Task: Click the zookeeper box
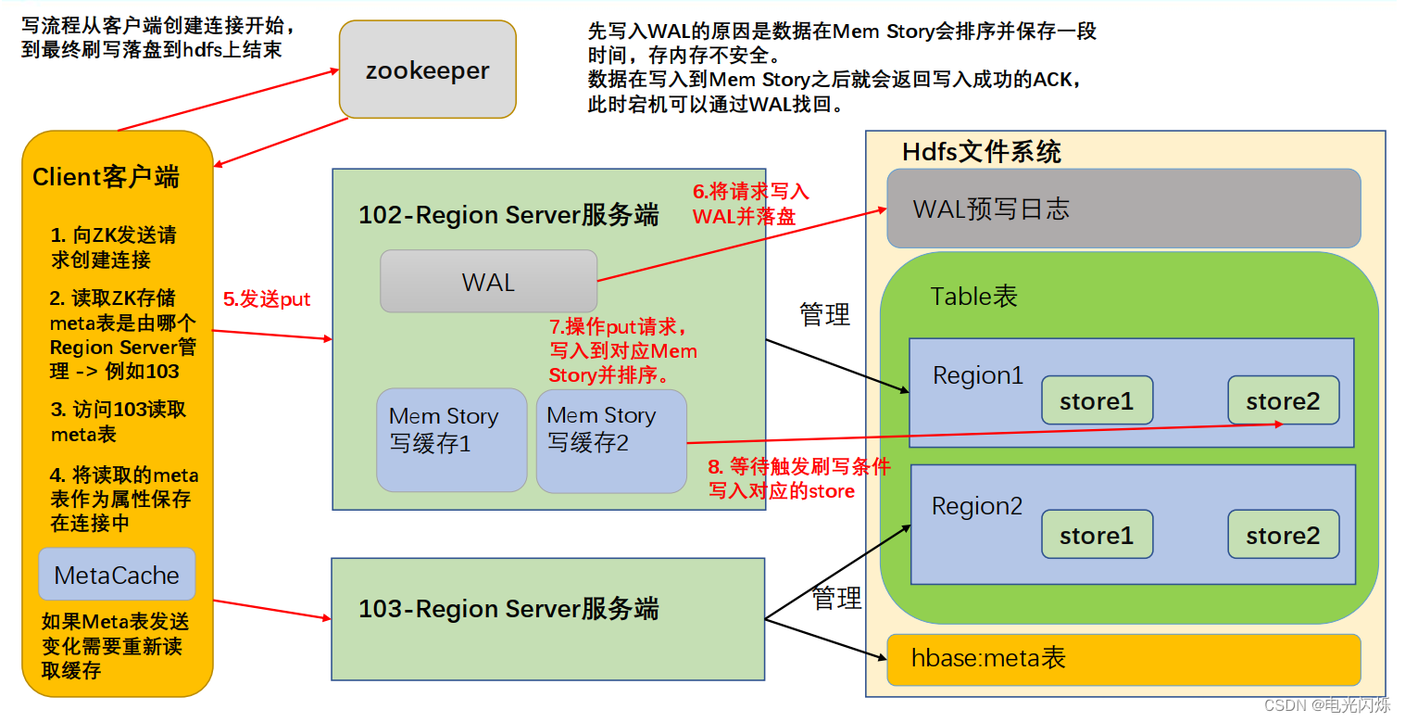tap(427, 70)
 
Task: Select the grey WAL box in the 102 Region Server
tap(488, 282)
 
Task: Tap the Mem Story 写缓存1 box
tap(451, 439)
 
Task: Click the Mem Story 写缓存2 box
tap(610, 439)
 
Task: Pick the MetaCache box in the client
tap(117, 575)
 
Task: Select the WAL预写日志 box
tap(1123, 209)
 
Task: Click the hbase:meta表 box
tap(1123, 659)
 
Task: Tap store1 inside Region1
tap(1097, 400)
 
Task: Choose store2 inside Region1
tap(1283, 400)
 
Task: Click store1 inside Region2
tap(1097, 535)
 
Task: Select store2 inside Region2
tap(1283, 535)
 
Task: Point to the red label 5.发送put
tap(267, 299)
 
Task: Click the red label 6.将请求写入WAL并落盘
tap(750, 204)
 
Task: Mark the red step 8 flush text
tap(798, 479)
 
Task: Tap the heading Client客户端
tap(106, 177)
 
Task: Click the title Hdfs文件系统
tap(982, 152)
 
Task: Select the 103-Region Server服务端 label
tap(508, 609)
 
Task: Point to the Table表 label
tap(973, 297)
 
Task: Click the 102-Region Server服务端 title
tap(508, 216)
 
